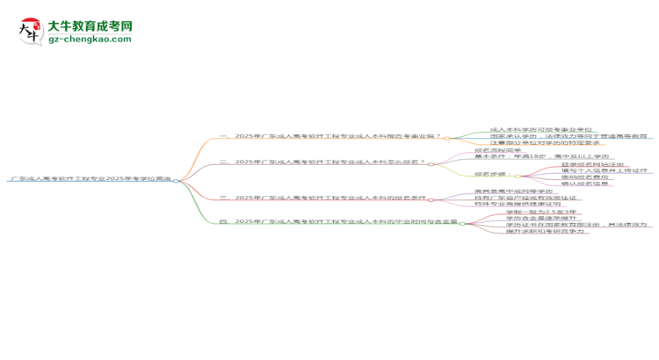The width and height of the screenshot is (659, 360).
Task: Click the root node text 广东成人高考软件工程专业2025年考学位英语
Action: coord(91,179)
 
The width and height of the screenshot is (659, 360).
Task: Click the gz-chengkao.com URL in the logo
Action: coord(91,39)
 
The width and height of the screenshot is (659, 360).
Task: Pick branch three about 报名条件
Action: coord(329,198)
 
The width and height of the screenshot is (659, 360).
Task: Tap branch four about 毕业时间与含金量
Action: coord(338,221)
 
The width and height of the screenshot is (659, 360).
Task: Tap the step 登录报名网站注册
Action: coord(569,164)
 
